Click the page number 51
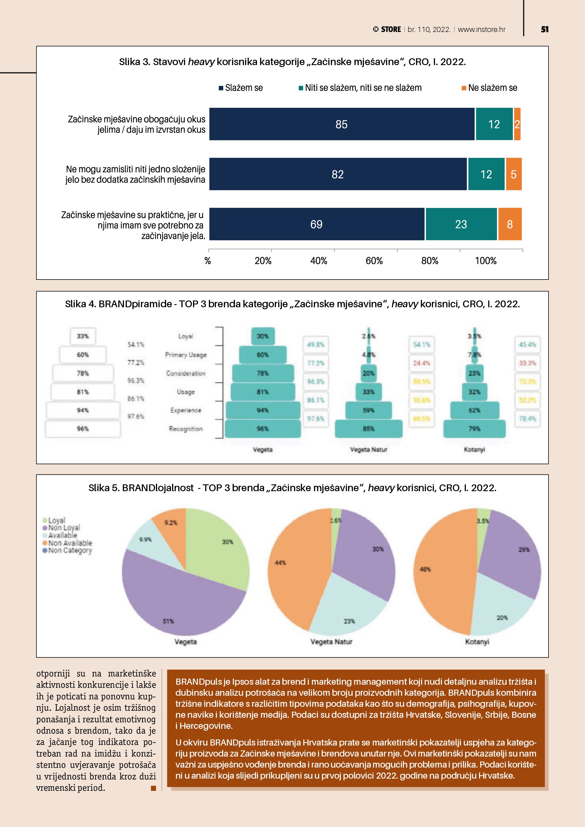pyautogui.click(x=544, y=29)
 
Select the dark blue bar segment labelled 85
pyautogui.click(x=342, y=124)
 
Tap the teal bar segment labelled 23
pyautogui.click(x=461, y=224)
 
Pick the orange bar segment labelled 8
pyautogui.click(x=510, y=224)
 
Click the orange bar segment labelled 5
pyautogui.click(x=514, y=174)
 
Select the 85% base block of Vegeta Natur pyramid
pyautogui.click(x=368, y=429)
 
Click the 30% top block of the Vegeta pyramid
pyautogui.click(x=263, y=336)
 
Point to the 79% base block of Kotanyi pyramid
pyautogui.click(x=474, y=429)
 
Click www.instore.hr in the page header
pyautogui.click(x=481, y=29)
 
